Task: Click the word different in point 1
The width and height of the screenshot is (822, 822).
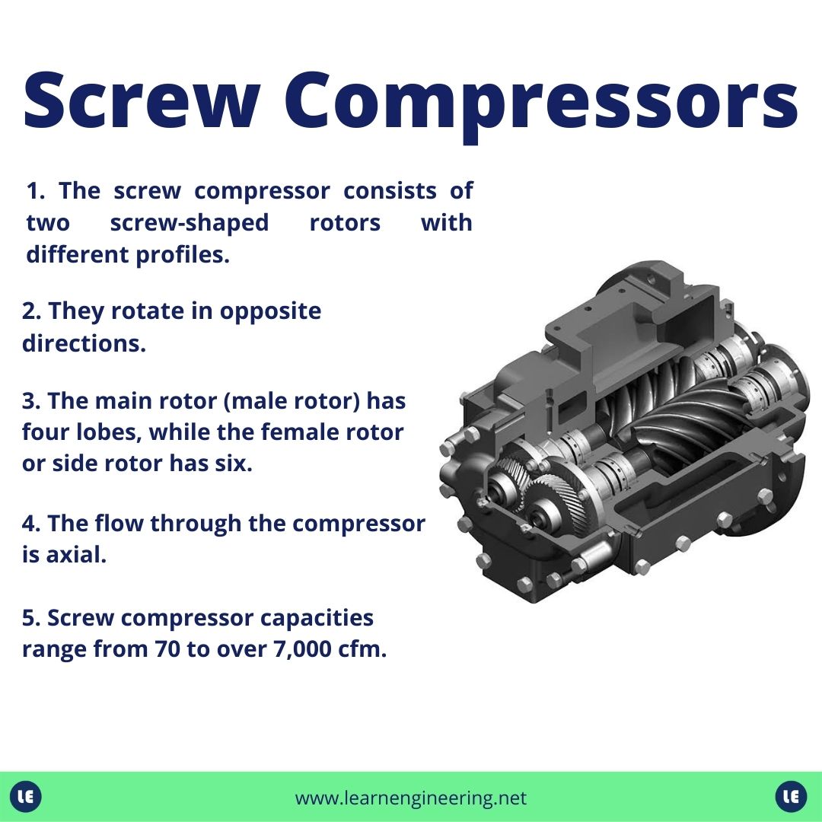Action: [x=78, y=256]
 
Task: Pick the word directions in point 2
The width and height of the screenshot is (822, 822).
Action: [x=83, y=342]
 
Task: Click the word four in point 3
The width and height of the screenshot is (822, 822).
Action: [x=45, y=432]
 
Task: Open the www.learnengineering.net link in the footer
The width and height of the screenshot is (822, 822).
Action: [x=410, y=798]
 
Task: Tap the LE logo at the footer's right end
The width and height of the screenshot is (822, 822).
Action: [x=791, y=797]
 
